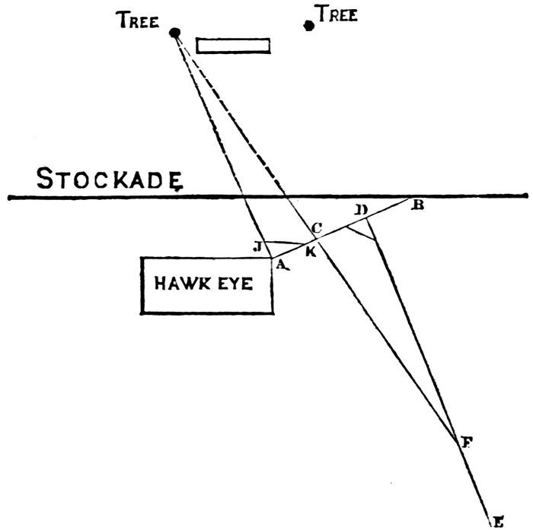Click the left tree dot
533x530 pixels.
tap(175, 33)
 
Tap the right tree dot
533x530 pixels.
tap(308, 25)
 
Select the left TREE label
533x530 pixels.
tap(138, 21)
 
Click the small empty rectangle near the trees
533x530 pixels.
tap(233, 45)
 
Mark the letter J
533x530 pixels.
tap(258, 245)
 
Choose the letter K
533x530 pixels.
tap(311, 252)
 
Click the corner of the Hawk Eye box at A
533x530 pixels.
tap(272, 259)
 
